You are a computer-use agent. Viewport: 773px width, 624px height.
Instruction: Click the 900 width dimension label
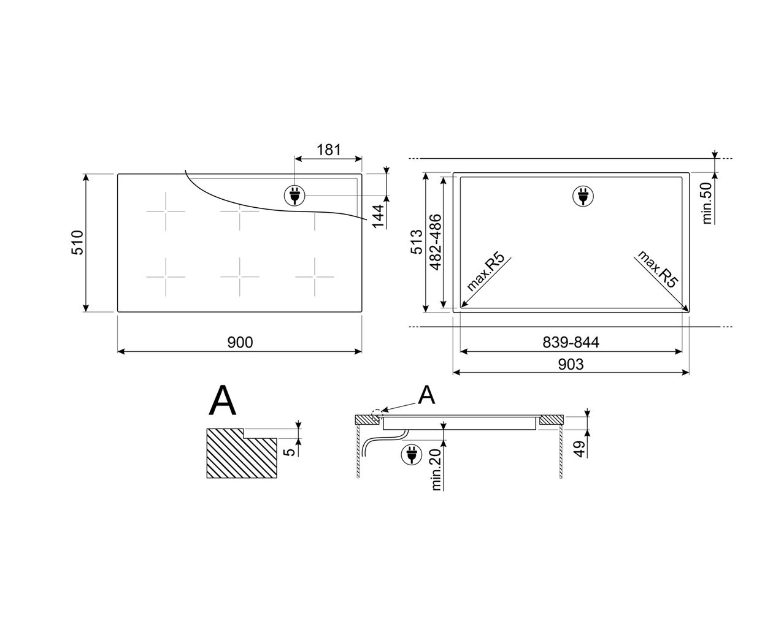click(x=240, y=342)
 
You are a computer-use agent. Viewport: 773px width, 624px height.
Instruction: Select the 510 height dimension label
click(x=78, y=242)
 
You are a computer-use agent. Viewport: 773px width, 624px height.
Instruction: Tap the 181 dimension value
click(x=329, y=150)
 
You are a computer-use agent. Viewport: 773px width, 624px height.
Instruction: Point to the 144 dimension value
click(x=378, y=216)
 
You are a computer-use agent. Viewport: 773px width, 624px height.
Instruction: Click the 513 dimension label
click(x=417, y=242)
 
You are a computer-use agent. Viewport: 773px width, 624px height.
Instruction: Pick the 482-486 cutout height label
click(x=435, y=242)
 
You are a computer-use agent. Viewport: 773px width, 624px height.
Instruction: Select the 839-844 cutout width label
click(x=571, y=342)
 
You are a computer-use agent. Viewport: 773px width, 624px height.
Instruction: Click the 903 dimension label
click(x=571, y=364)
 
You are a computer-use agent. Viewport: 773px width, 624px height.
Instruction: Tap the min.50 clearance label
click(x=707, y=203)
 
